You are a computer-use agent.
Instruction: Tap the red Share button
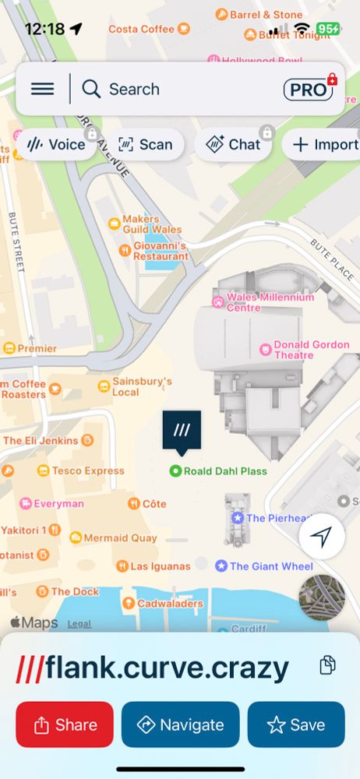click(x=65, y=724)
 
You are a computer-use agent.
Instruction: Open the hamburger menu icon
click(x=42, y=89)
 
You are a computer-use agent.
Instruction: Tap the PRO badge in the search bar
click(x=309, y=90)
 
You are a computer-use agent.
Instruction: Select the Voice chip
click(x=57, y=144)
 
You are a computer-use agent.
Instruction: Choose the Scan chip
click(x=146, y=144)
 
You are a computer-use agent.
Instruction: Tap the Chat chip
click(x=233, y=144)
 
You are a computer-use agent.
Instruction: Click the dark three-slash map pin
click(x=182, y=431)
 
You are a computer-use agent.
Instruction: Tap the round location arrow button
click(x=322, y=536)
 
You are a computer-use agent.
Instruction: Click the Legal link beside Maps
click(x=79, y=623)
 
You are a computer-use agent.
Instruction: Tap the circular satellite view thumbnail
click(x=322, y=597)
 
